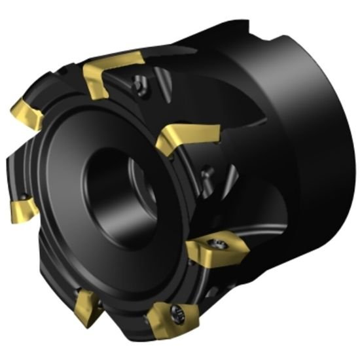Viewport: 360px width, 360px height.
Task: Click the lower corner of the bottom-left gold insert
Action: tap(84, 323)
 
